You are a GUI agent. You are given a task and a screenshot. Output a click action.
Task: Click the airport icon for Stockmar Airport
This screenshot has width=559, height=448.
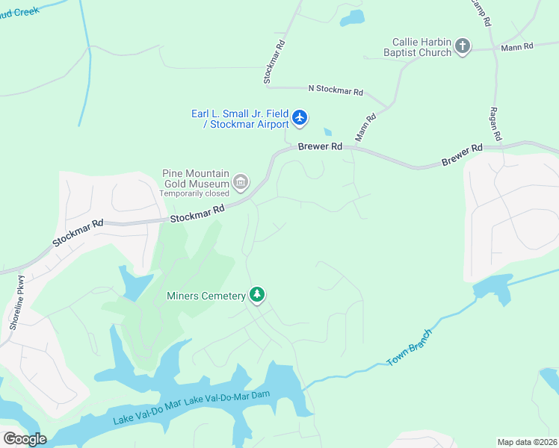pos(300,117)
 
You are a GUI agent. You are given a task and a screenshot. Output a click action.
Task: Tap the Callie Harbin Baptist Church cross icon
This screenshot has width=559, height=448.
pos(463,47)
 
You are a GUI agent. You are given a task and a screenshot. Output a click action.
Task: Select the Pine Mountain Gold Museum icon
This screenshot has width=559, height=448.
pos(241,181)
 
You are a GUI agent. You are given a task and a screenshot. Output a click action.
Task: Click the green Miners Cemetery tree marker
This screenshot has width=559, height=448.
pos(257,295)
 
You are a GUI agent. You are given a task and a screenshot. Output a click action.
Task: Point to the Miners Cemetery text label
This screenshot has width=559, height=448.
pos(206,296)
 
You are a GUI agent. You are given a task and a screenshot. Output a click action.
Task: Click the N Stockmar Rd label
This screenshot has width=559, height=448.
pos(336,90)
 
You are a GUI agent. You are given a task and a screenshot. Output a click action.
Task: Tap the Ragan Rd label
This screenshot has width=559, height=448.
pos(496,123)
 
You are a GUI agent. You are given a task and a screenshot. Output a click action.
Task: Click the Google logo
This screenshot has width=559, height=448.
pos(25,438)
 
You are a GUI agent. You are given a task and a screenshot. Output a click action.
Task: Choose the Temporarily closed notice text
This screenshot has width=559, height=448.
pos(194,193)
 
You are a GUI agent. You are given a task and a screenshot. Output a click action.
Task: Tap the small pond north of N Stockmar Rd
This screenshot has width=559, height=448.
pos(352,17)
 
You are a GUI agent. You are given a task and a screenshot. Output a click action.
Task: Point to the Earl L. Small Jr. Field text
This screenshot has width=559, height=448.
pos(239,113)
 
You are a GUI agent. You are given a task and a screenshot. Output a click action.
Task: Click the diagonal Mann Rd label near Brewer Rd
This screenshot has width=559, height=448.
pos(365,128)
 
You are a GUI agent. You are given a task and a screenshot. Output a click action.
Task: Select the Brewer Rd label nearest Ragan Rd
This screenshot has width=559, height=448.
pos(462,155)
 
